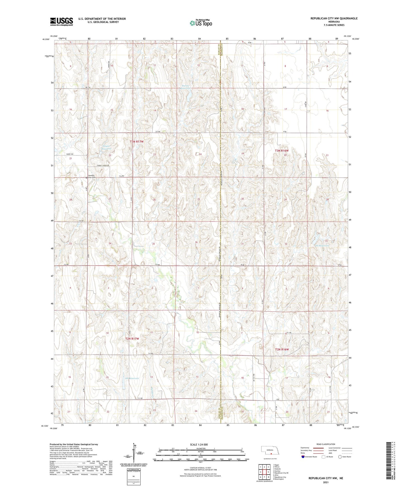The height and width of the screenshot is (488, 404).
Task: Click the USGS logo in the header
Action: [x=62, y=22]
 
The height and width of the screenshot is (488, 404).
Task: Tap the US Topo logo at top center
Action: [x=200, y=23]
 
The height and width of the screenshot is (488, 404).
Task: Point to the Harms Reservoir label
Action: [x=185, y=87]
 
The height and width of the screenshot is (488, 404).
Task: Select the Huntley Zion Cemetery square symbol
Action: [x=86, y=177]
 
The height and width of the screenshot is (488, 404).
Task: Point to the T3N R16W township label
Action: [x=282, y=151]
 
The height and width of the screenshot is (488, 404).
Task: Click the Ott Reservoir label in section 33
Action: [x=322, y=245]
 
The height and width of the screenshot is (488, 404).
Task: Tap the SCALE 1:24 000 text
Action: [x=199, y=445]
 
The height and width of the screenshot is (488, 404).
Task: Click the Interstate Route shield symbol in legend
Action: [x=303, y=457]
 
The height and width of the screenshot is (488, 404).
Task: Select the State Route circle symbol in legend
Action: [x=340, y=457]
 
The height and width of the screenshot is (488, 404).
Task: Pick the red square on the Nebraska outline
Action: [x=271, y=454]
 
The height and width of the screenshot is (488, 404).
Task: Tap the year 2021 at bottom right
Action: [x=326, y=482]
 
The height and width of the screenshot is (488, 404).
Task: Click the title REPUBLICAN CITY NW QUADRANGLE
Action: [x=334, y=18]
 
